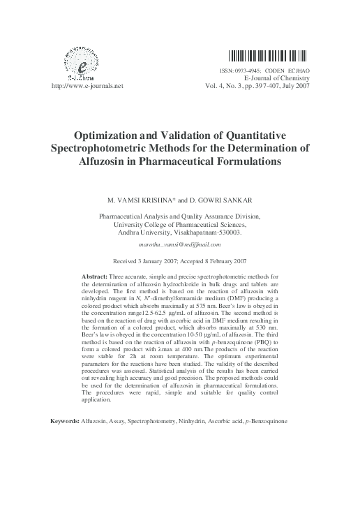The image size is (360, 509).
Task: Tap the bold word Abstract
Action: coord(95,277)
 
